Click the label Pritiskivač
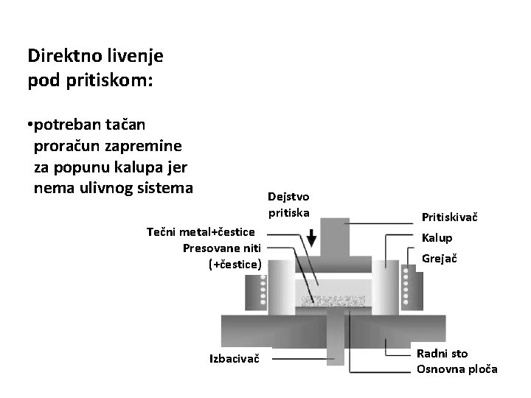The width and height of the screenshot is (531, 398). pyautogui.click(x=450, y=217)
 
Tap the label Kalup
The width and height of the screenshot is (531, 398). pyautogui.click(x=437, y=238)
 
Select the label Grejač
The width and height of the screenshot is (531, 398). pyautogui.click(x=439, y=259)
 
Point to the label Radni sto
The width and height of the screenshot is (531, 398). pyautogui.click(x=442, y=354)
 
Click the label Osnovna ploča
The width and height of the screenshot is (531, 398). pyautogui.click(x=457, y=369)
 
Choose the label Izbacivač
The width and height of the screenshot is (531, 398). pyautogui.click(x=235, y=359)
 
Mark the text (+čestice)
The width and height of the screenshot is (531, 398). pyautogui.click(x=235, y=263)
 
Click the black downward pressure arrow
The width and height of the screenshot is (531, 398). pyautogui.click(x=311, y=238)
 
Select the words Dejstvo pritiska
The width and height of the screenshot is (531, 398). pyautogui.click(x=289, y=205)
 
